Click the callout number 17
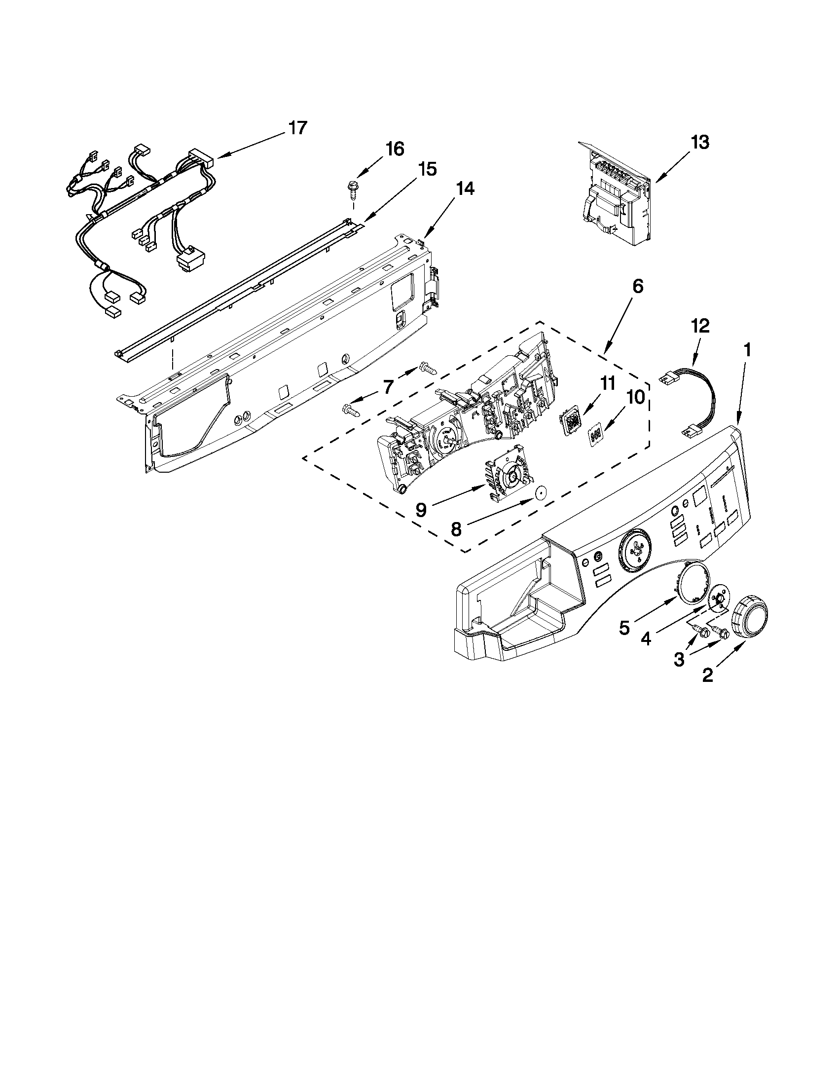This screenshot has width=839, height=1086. (298, 128)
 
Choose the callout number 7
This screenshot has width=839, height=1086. (388, 386)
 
